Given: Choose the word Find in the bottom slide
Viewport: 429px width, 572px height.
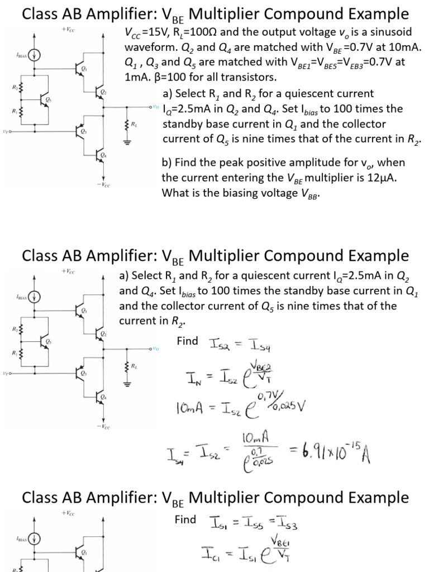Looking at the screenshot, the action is [185, 519].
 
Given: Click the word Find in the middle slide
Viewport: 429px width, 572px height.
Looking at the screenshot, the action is [188, 340].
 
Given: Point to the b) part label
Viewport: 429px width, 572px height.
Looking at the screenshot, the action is [167, 163].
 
